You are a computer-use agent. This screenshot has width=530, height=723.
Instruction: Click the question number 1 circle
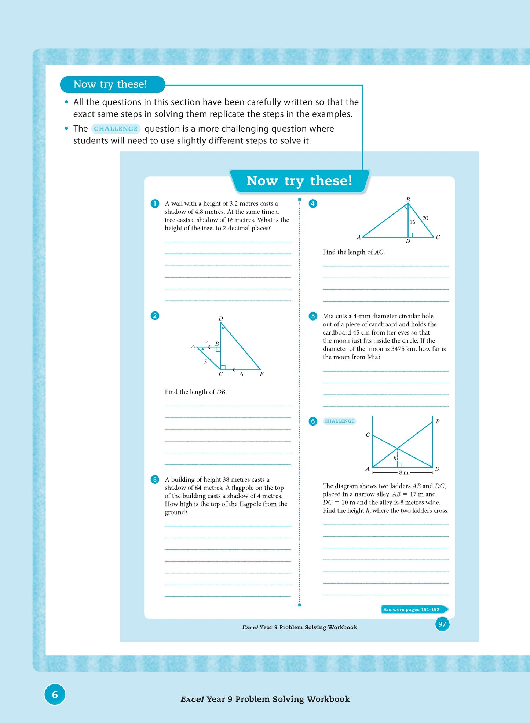pos(155,204)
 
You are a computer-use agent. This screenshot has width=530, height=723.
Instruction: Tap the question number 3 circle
pos(155,479)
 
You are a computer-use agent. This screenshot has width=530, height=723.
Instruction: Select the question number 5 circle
pos(313,316)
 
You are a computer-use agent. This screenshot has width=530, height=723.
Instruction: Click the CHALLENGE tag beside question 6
pos(339,421)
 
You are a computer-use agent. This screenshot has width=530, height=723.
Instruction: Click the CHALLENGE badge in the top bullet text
pos(116,129)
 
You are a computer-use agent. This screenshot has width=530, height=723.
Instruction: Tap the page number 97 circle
pos(442,624)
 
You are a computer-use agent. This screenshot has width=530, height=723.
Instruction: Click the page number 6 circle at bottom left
pos(55,694)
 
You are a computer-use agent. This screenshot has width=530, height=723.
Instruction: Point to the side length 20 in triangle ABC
pos(425,218)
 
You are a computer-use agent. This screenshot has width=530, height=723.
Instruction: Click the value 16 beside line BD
pos(412,222)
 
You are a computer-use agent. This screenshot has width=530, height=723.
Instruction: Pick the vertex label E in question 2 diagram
pos(262,374)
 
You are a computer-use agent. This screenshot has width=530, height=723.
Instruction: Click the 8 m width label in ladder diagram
pos(403,472)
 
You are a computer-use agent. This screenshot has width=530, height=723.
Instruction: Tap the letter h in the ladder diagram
pos(395,459)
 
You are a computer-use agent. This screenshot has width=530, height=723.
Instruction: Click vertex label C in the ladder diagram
pos(368,435)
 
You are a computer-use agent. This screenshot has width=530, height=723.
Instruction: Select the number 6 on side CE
pos(241,374)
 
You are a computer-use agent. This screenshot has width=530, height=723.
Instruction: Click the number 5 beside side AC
pos(205,362)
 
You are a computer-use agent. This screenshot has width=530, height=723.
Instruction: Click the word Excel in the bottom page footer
pos(192,699)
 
